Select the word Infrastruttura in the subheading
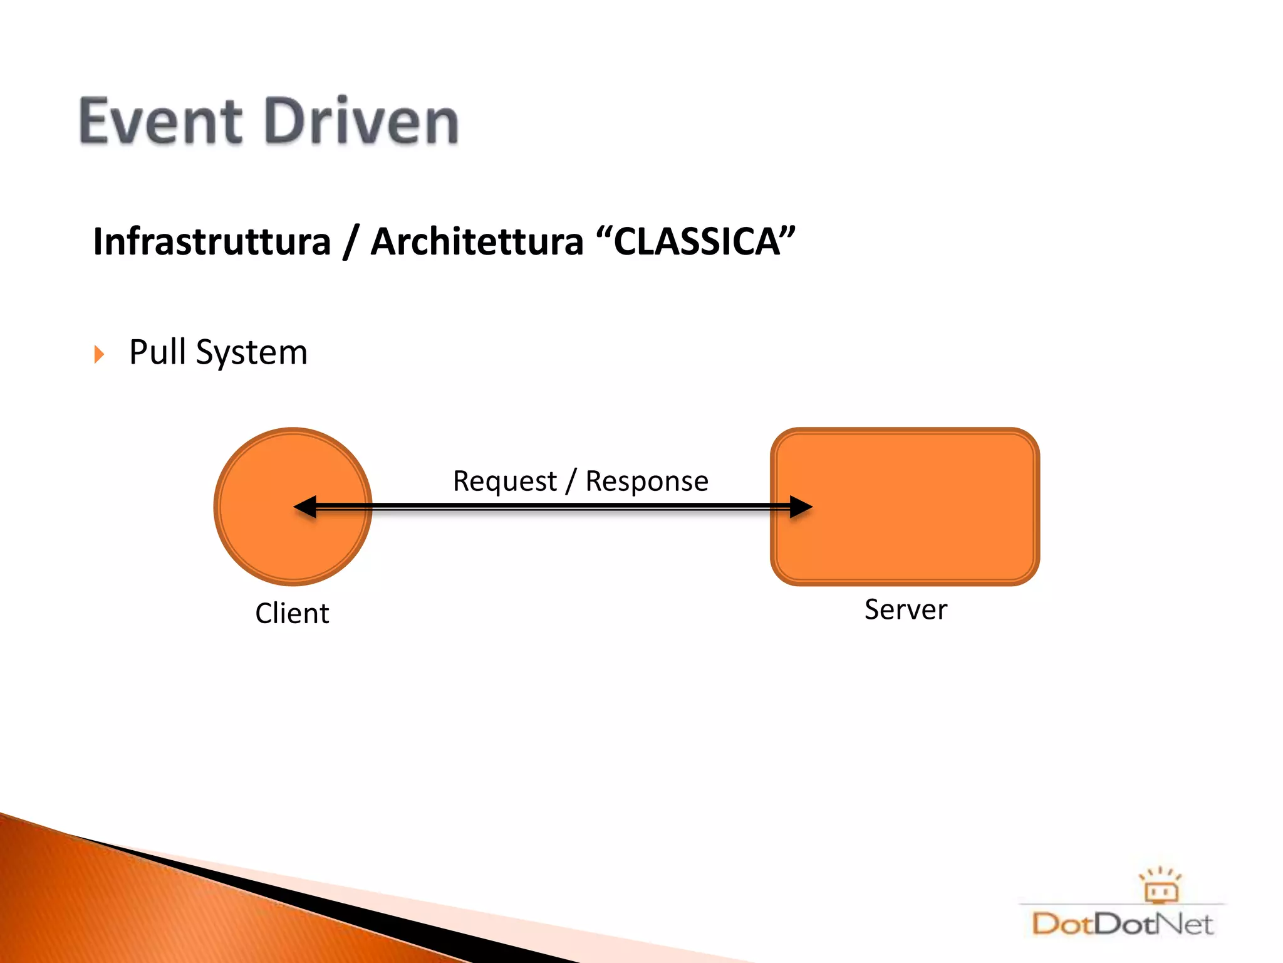point(212,242)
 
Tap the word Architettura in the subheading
point(477,242)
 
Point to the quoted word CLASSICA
point(696,242)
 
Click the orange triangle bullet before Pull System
point(99,354)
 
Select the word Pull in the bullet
point(158,352)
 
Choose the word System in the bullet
point(251,353)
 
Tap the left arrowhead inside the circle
point(306,507)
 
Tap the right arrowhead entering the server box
point(800,507)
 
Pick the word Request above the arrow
point(505,481)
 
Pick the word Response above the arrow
point(647,481)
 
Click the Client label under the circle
point(292,613)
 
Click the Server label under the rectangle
point(906,609)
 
